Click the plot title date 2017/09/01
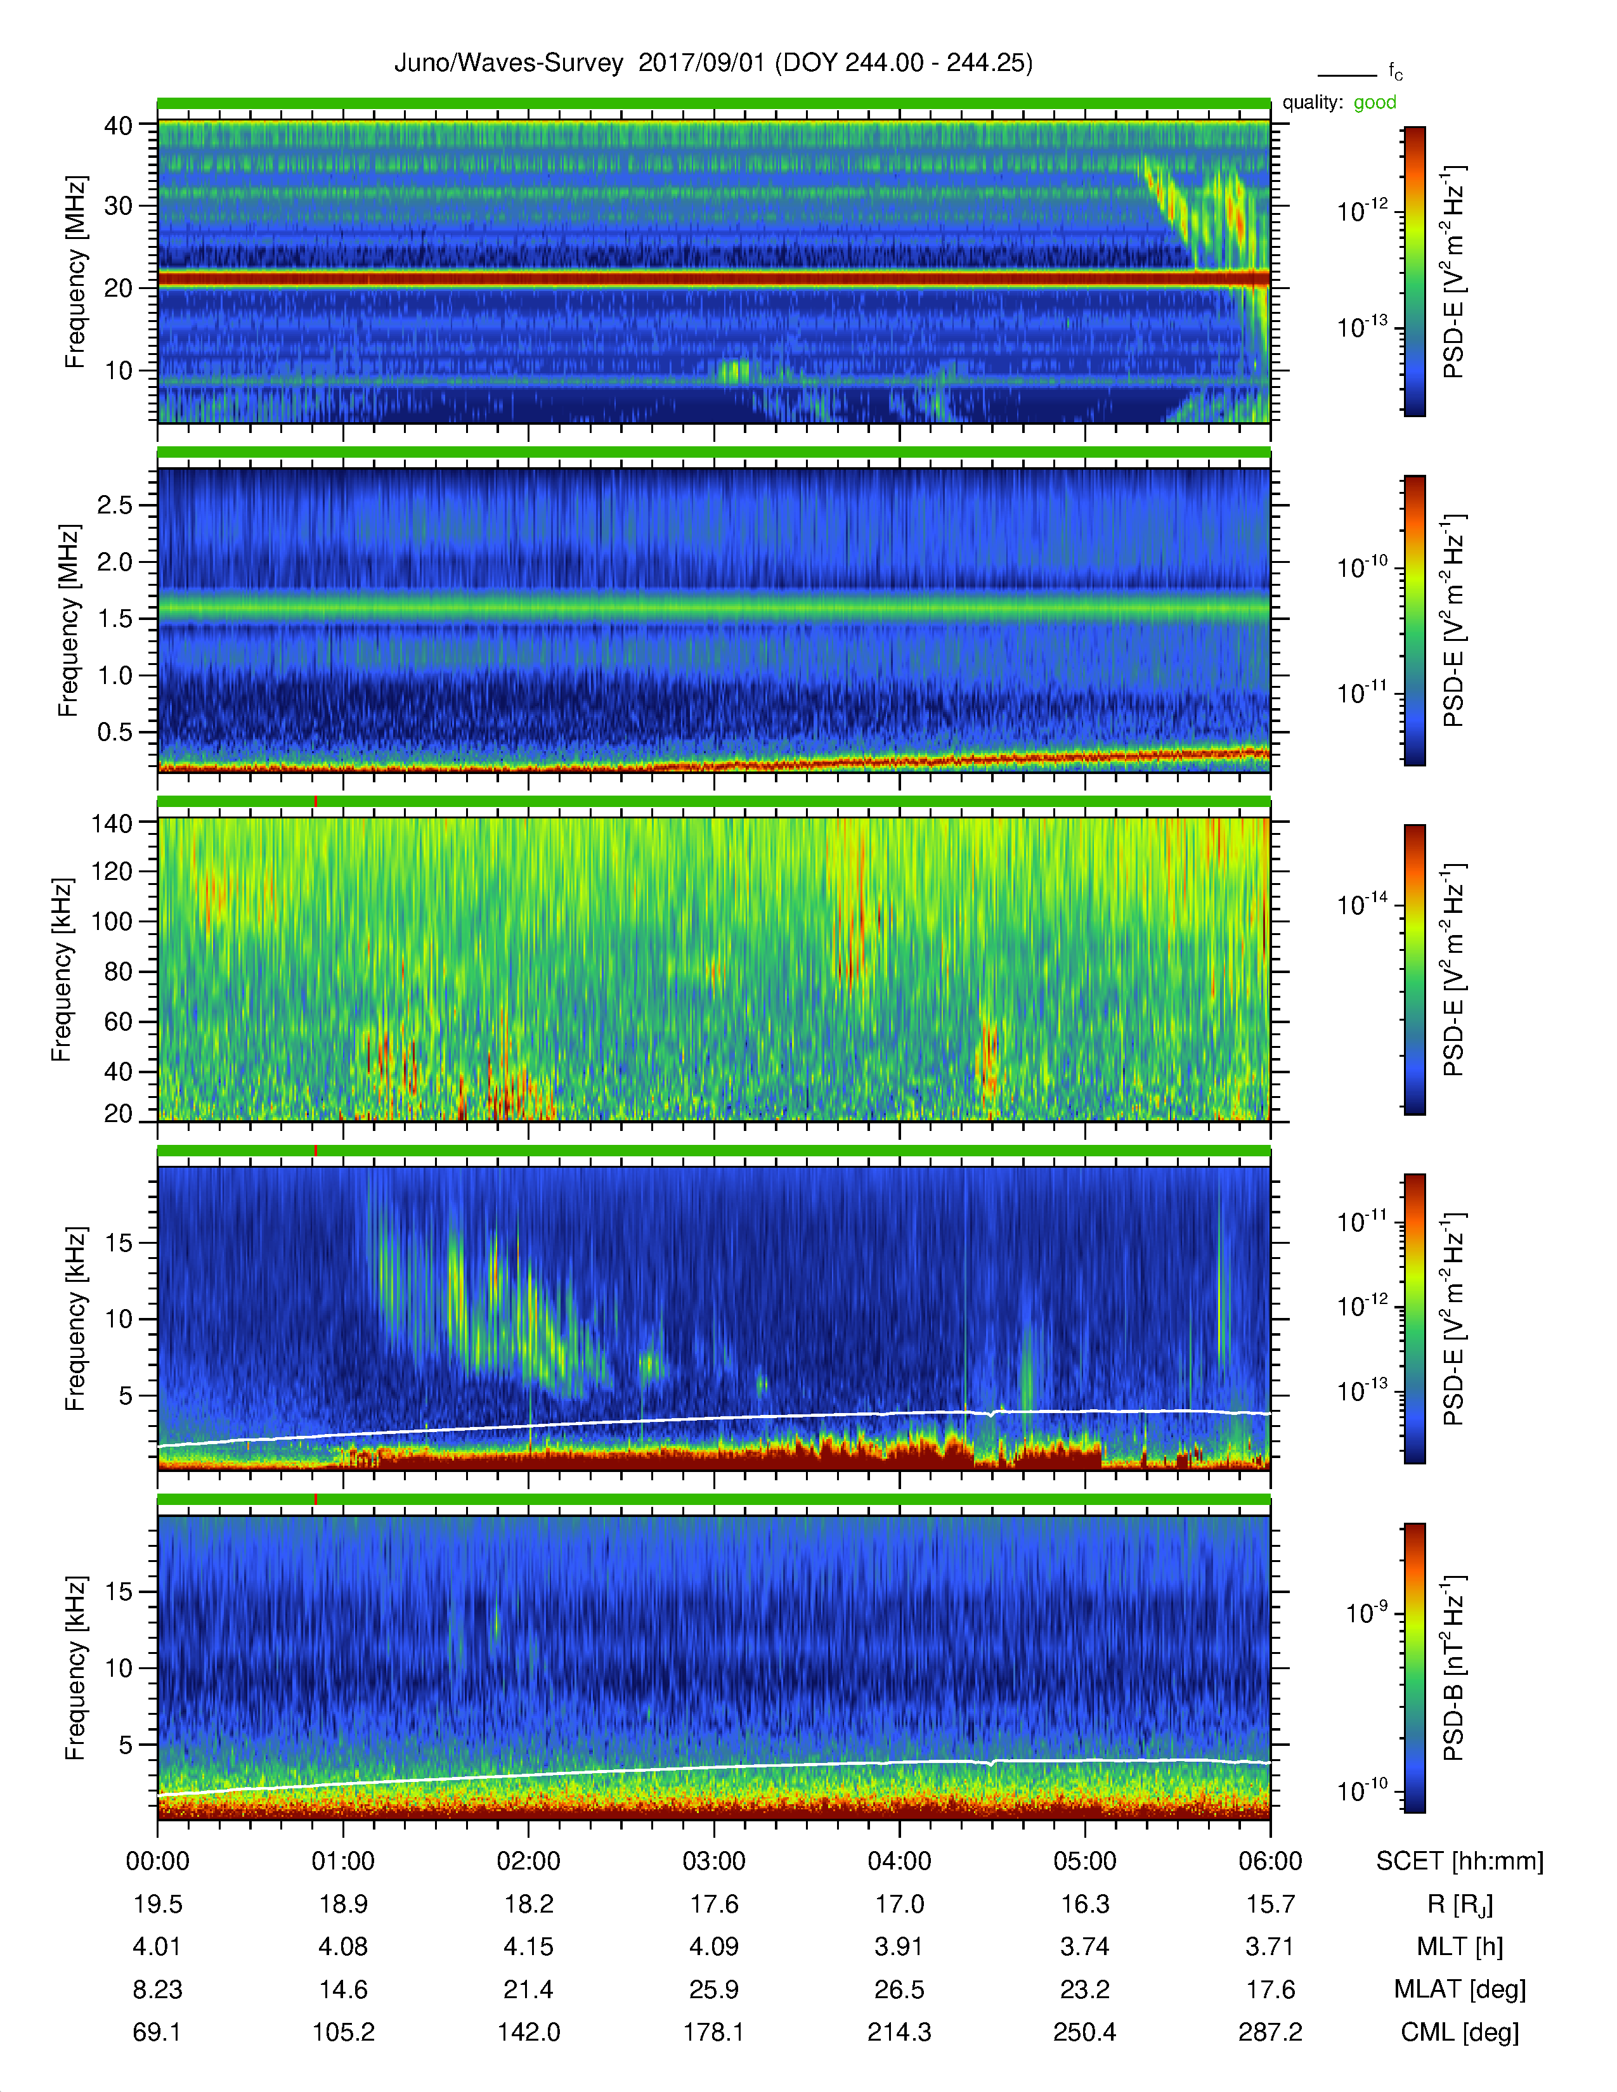[701, 63]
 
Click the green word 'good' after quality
[1375, 103]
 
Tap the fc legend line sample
[1347, 75]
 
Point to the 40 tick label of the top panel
[118, 126]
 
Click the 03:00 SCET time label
[713, 1861]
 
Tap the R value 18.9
[343, 1904]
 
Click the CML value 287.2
[1270, 2032]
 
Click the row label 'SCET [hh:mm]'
[1460, 1861]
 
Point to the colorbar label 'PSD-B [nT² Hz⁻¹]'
[1453, 1668]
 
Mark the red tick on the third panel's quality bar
[315, 802]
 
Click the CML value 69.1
[157, 2032]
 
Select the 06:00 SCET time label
[1270, 1861]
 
